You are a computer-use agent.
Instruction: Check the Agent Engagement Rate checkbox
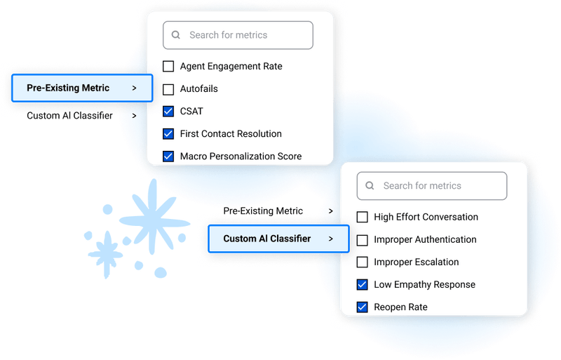click(168, 66)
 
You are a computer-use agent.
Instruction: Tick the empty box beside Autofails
click(168, 89)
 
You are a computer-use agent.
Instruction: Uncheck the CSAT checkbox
click(168, 112)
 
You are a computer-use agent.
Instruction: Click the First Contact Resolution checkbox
click(168, 134)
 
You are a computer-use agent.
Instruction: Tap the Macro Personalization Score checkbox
click(168, 156)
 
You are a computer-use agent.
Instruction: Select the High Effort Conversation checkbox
click(362, 217)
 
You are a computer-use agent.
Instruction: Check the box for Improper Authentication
click(362, 240)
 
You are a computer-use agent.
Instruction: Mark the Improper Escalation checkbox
click(362, 262)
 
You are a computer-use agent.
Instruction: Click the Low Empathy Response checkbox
click(362, 285)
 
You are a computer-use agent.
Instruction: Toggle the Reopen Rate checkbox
click(362, 307)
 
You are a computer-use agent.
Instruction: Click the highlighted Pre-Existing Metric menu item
click(82, 88)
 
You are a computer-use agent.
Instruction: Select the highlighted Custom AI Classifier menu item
click(278, 239)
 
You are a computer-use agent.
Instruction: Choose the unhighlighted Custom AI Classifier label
click(69, 116)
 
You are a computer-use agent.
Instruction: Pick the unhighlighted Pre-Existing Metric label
click(263, 211)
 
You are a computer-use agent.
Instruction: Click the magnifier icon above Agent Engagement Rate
click(176, 35)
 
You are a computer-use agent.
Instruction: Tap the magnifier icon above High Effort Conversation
click(370, 186)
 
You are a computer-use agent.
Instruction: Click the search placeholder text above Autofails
click(229, 35)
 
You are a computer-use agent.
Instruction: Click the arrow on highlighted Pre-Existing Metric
click(134, 88)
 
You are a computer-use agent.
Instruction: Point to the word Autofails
click(199, 89)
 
